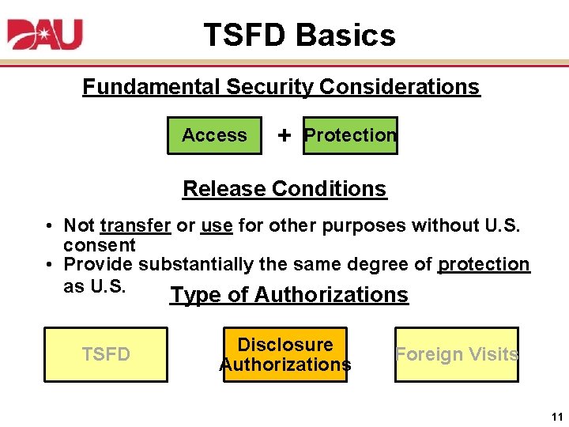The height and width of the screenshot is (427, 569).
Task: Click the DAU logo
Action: (x=45, y=35)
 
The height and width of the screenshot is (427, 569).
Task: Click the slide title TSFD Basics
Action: (x=299, y=36)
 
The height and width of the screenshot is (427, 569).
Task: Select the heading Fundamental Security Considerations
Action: (x=281, y=87)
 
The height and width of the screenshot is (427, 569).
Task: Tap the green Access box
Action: (x=214, y=135)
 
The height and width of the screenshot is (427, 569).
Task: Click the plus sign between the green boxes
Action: (x=284, y=135)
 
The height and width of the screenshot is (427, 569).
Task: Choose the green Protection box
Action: (x=350, y=135)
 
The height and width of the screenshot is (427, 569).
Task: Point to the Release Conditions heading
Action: (x=284, y=189)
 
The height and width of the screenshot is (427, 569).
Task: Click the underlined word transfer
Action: (x=135, y=226)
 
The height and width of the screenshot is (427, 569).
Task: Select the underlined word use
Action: (x=217, y=226)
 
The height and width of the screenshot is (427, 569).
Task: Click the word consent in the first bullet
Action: (x=100, y=245)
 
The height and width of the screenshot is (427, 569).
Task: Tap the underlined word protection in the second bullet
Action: (x=484, y=264)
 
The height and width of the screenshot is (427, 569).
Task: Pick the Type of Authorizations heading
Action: (x=289, y=295)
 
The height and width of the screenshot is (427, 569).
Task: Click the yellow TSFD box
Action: (x=106, y=354)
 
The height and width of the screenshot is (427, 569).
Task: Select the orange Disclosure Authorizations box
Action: (x=285, y=354)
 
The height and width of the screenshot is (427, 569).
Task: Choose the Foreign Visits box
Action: (x=457, y=354)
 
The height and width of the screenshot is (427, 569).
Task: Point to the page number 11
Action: (x=557, y=417)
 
